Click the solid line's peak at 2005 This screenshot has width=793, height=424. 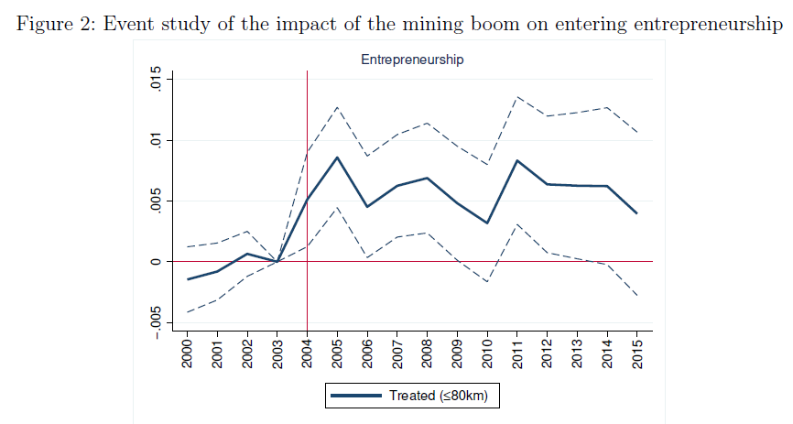(337, 158)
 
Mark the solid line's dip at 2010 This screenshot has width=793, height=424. (487, 223)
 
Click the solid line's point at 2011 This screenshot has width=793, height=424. (516, 160)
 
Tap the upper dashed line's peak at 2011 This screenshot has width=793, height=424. (516, 96)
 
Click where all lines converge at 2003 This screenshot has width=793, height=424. (277, 262)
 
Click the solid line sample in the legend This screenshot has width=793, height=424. (355, 396)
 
